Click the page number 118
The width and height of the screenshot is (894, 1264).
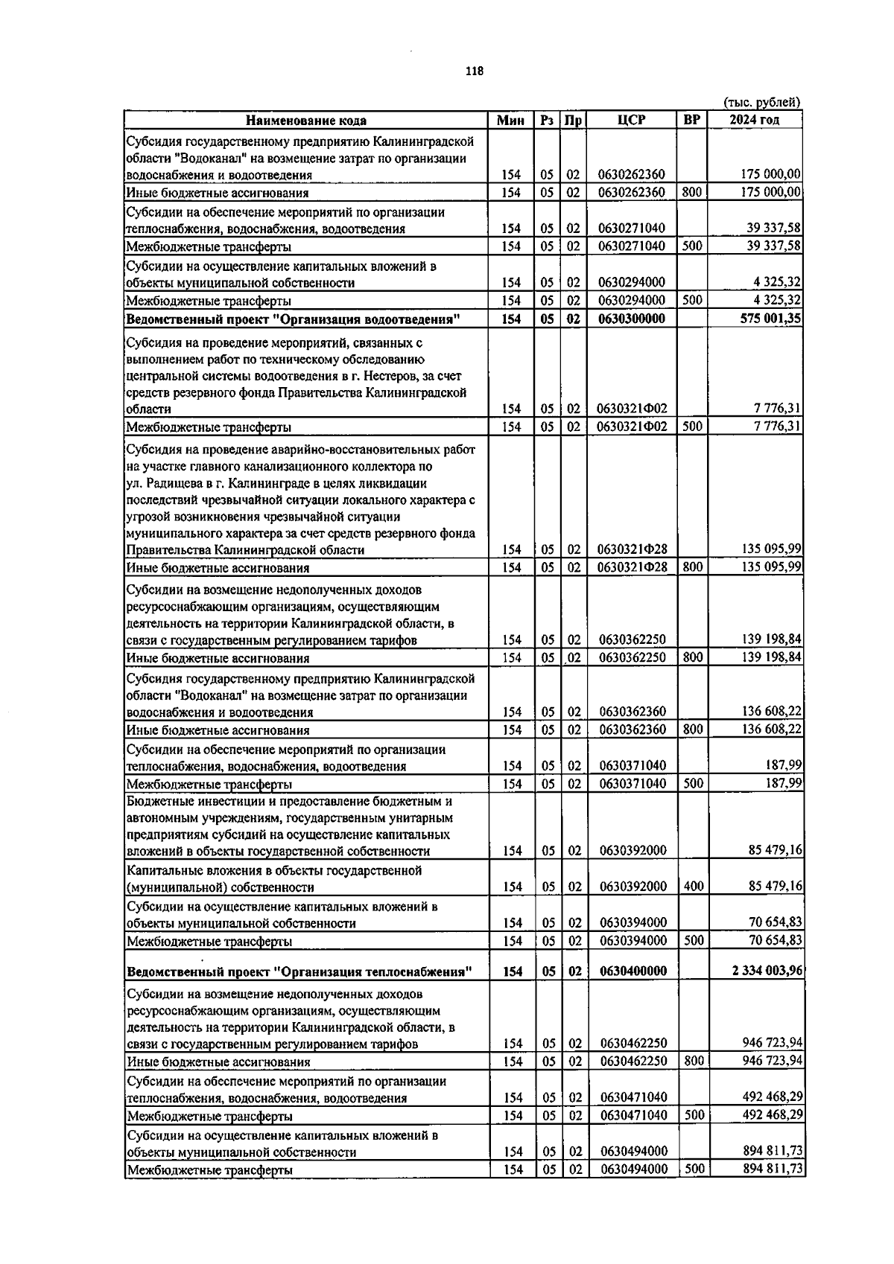(474, 71)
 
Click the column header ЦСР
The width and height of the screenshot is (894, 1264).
(631, 121)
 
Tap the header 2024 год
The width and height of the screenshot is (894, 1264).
(755, 120)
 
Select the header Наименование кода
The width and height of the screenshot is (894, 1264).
(306, 121)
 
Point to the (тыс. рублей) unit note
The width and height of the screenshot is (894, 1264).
(761, 103)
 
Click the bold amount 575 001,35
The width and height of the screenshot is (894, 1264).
(767, 319)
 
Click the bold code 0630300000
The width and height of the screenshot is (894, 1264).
(632, 319)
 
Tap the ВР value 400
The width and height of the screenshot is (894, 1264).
(693, 887)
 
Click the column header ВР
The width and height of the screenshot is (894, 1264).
(692, 120)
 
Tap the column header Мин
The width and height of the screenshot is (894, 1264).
(510, 121)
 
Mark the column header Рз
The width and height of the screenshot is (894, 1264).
(548, 121)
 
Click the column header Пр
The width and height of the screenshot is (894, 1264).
(573, 121)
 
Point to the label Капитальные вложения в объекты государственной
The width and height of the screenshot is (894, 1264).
(274, 870)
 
